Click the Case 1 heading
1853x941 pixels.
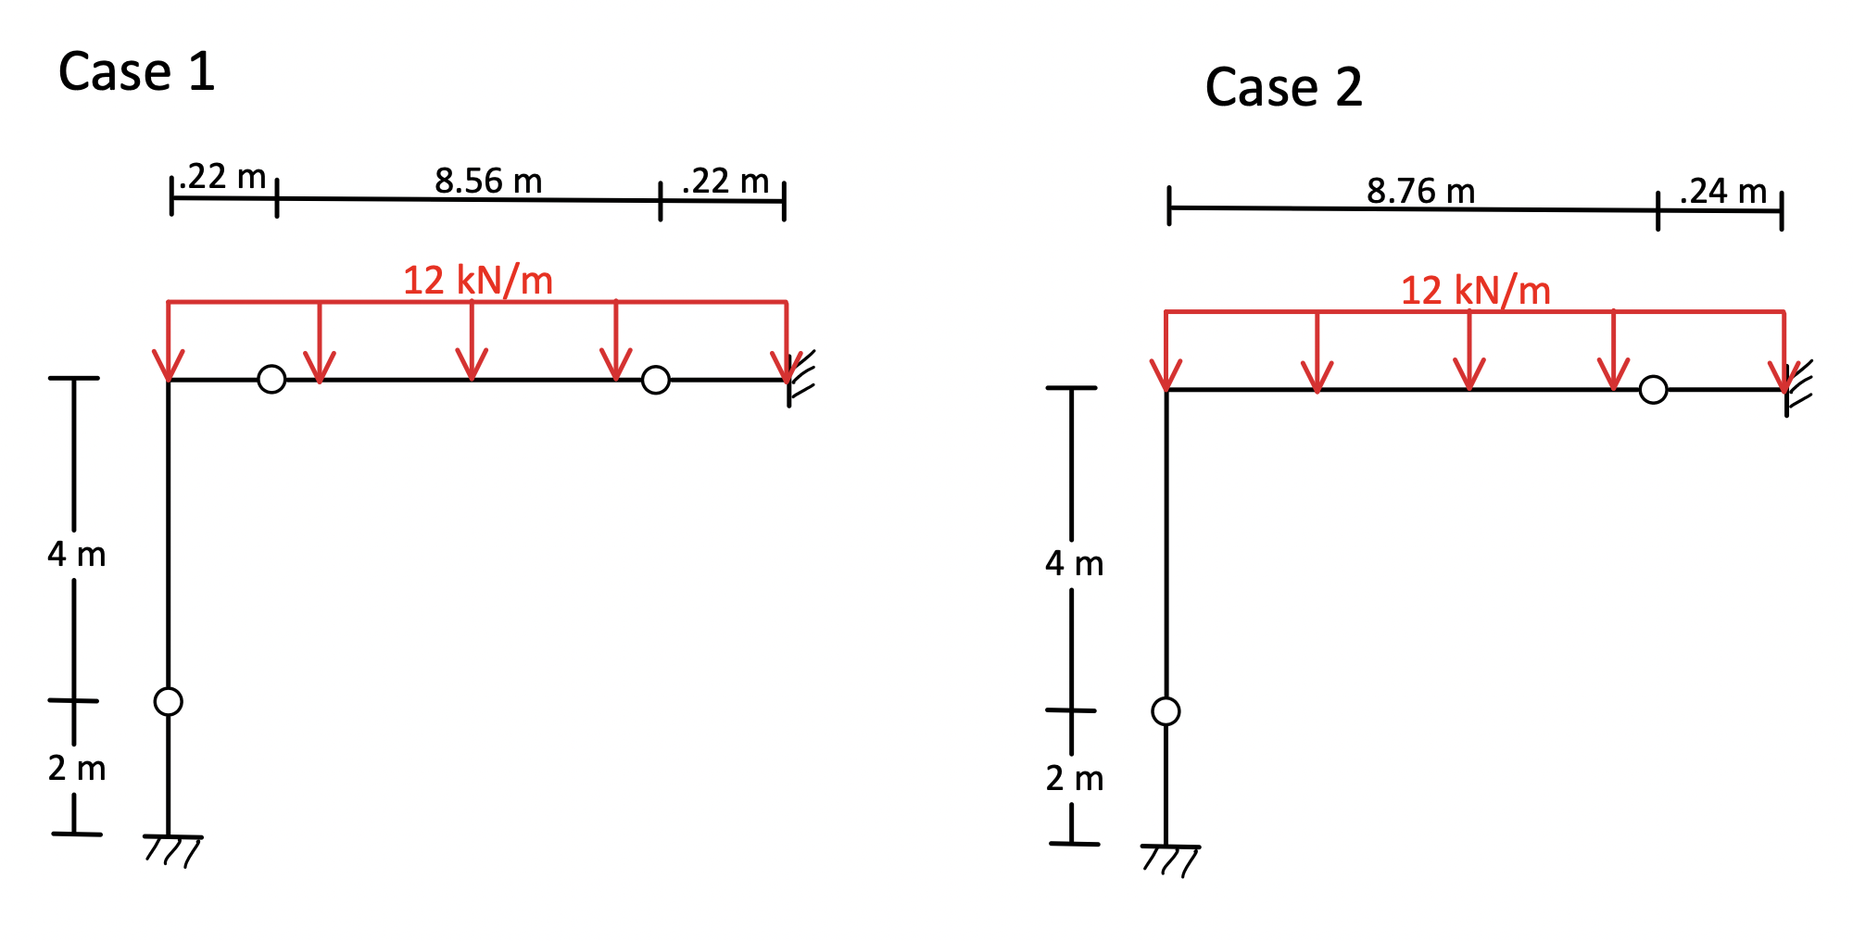[x=136, y=72]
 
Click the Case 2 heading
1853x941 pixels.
[x=1283, y=88]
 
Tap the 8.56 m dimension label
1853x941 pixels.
[x=488, y=181]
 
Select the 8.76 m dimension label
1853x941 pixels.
[x=1420, y=191]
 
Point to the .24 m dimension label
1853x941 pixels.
[x=1722, y=191]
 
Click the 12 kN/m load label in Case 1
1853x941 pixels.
[x=478, y=280]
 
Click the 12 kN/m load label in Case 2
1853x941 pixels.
[x=1475, y=290]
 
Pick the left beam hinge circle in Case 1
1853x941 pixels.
[x=271, y=379]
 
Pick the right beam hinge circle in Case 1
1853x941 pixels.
[x=655, y=380]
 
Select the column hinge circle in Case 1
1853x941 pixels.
[x=169, y=701]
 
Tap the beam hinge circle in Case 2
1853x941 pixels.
[x=1653, y=390]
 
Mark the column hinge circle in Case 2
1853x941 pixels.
[x=1166, y=711]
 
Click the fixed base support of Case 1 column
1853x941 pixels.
[x=172, y=847]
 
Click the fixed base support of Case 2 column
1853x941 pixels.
[x=1170, y=858]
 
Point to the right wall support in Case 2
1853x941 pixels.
[x=1796, y=388]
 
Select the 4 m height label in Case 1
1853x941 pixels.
[x=77, y=554]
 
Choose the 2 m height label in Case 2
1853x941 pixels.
[x=1075, y=778]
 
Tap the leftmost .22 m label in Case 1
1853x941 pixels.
[x=223, y=176]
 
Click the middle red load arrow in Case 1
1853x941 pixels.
[x=472, y=343]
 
